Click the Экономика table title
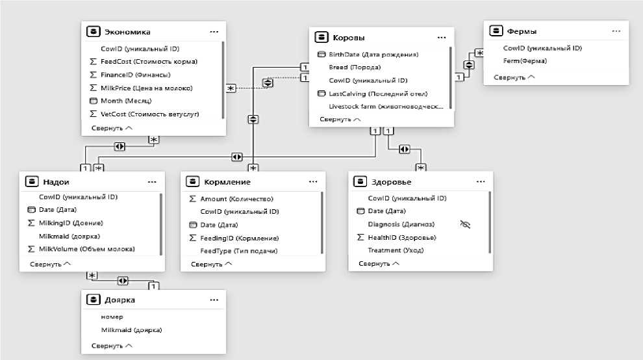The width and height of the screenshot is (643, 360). click(x=127, y=31)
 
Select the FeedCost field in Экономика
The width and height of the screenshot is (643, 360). click(x=149, y=62)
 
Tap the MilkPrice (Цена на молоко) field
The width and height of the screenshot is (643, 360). click(x=146, y=88)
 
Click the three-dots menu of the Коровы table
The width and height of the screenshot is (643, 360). click(x=442, y=37)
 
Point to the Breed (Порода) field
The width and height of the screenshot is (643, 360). click(x=355, y=67)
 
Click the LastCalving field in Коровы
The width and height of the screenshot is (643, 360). click(x=373, y=94)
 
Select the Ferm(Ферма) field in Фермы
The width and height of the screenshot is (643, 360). click(x=525, y=61)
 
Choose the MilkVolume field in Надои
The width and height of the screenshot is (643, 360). click(x=86, y=249)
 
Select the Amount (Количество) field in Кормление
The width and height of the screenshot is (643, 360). click(x=236, y=199)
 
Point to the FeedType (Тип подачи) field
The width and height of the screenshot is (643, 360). click(x=239, y=251)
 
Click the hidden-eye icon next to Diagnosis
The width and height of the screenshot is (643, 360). click(x=464, y=224)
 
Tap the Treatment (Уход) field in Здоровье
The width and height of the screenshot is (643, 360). click(x=393, y=250)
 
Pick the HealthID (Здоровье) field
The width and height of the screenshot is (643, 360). click(x=401, y=237)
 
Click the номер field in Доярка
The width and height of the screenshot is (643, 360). click(x=107, y=317)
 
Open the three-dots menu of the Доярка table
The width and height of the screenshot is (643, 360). click(x=214, y=300)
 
